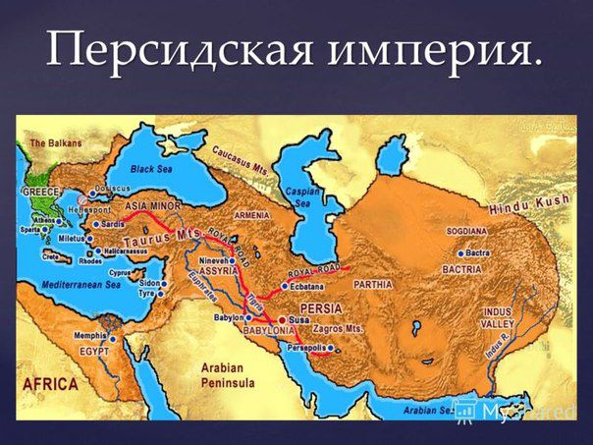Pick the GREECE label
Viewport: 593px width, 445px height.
[x=42, y=192]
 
